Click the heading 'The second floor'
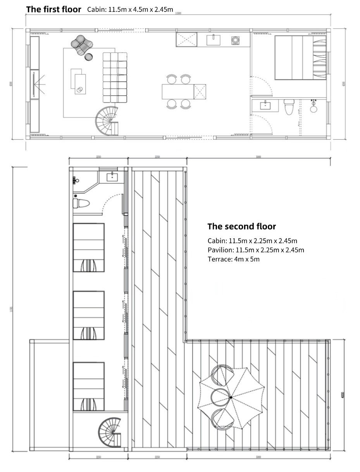[241, 226]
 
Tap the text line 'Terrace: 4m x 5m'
[233, 259]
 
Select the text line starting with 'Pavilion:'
[256, 250]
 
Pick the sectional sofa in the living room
[115, 77]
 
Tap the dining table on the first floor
[178, 92]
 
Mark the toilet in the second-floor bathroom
[82, 202]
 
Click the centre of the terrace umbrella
[231, 398]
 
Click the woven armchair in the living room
[80, 43]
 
